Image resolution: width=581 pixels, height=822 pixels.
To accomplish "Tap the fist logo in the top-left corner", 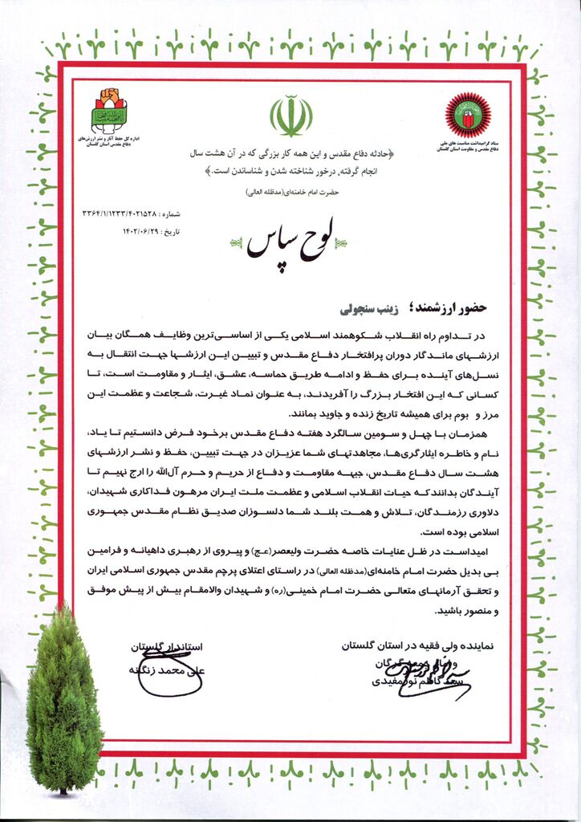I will pos(109,111).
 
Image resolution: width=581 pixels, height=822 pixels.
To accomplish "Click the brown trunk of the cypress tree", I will pos(63,790).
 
